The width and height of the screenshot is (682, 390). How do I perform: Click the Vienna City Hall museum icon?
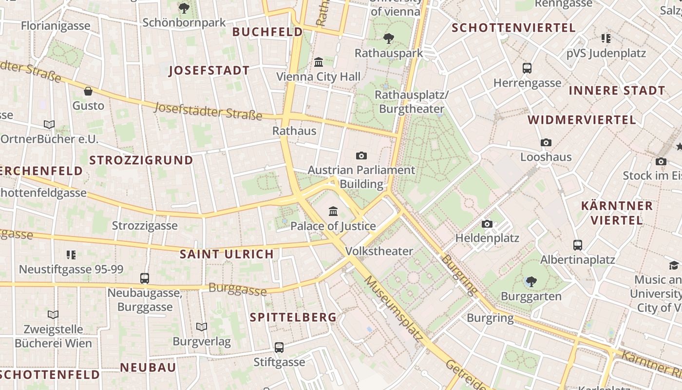point(319,62)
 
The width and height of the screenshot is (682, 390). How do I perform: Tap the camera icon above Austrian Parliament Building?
point(361,156)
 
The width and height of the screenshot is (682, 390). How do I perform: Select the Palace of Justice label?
point(333,226)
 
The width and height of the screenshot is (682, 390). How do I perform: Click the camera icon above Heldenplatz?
point(487,224)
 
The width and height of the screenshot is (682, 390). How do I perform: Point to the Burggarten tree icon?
point(531,281)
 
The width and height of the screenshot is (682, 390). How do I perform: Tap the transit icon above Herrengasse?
point(527,68)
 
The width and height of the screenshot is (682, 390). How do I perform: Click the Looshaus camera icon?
point(546,142)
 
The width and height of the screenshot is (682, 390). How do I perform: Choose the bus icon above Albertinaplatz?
point(578,245)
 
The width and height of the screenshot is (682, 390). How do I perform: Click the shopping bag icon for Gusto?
point(88,91)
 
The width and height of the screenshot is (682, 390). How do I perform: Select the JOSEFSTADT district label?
point(209,71)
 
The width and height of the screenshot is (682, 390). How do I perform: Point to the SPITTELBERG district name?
point(293,317)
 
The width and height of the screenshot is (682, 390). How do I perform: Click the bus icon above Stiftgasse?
point(279,347)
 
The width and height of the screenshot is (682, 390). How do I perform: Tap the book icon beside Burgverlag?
point(201,327)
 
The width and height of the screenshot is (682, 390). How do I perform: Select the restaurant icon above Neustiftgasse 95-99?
point(71,254)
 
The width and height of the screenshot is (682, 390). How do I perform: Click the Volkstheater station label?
point(379,251)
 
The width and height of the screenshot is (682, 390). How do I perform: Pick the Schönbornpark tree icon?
point(184,8)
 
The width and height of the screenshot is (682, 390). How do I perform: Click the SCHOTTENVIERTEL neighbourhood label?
point(513,28)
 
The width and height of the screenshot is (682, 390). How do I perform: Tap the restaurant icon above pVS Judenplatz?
point(606,38)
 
